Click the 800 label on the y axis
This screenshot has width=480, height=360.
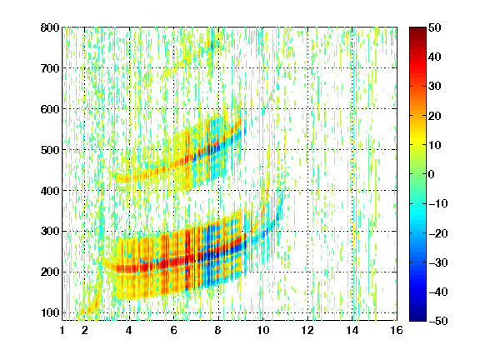[x=50, y=27]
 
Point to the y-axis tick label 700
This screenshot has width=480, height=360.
[x=50, y=68]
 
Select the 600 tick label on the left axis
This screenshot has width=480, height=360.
[x=50, y=109]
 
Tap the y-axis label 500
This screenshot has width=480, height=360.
[x=50, y=150]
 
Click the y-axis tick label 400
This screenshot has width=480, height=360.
[x=50, y=191]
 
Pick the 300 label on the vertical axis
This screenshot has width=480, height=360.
[x=50, y=232]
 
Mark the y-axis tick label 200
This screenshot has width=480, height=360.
[x=50, y=272]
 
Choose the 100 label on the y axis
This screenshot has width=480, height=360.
[x=50, y=312]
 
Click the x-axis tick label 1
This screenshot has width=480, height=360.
[x=62, y=330]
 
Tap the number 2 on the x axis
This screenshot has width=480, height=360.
[x=84, y=330]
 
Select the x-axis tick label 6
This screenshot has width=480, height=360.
[x=173, y=330]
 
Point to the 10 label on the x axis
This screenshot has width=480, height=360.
[x=262, y=330]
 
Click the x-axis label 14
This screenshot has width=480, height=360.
[x=352, y=330]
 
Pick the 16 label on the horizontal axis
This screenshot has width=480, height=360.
[x=397, y=330]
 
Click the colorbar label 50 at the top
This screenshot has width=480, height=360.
[x=434, y=27]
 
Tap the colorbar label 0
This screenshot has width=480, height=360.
[x=432, y=174]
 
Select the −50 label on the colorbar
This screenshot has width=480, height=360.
[x=437, y=321]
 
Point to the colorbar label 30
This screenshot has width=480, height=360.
[x=434, y=87]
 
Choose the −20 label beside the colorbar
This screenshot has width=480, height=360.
[x=437, y=233]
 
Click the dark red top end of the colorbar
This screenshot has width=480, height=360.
[x=417, y=29]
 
